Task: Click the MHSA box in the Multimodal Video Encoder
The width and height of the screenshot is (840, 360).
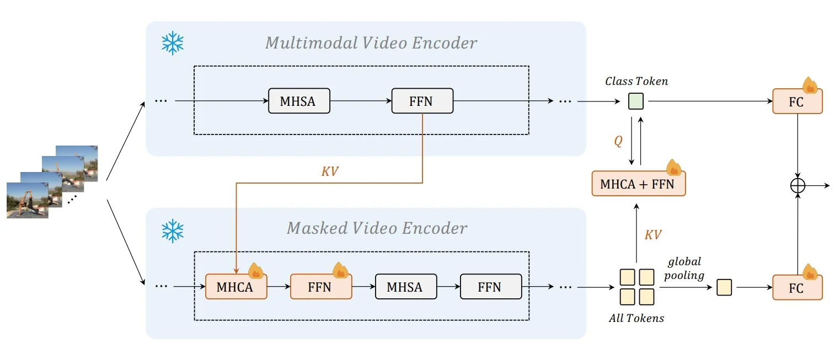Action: tap(299, 101)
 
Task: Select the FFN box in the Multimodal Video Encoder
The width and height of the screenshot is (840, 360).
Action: tap(422, 101)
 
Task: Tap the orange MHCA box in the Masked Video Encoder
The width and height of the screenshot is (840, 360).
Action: tap(236, 287)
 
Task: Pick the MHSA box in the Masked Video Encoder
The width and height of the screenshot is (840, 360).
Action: tap(405, 287)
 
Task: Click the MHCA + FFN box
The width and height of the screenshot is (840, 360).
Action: tap(638, 184)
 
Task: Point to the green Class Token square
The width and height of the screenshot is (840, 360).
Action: tap(636, 101)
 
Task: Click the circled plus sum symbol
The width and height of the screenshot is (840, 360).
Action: tap(798, 186)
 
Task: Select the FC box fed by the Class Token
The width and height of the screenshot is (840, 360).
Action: tap(797, 101)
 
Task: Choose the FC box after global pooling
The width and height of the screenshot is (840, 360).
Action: tap(797, 287)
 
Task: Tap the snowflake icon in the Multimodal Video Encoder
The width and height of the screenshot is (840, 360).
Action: tap(172, 43)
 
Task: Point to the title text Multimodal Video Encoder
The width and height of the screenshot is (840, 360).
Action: tap(371, 43)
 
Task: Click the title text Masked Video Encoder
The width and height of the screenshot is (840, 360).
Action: tap(377, 228)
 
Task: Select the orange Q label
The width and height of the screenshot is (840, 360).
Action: tap(618, 141)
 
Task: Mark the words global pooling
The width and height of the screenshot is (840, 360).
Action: tap(684, 268)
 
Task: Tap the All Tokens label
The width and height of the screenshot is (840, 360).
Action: tap(636, 318)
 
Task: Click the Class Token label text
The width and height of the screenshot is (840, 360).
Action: tap(636, 82)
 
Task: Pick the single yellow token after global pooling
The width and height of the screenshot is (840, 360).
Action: tap(724, 287)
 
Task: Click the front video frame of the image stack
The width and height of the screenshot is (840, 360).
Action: tap(27, 200)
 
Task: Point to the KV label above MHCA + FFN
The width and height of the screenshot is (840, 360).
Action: tap(652, 235)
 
